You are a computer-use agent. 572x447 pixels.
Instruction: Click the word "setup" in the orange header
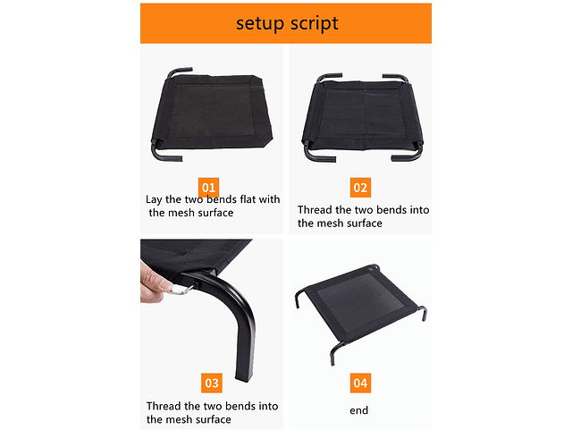[x=260, y=23]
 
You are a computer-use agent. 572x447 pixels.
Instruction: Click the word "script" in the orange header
[x=314, y=24]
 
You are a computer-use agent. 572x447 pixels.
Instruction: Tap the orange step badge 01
[x=208, y=187]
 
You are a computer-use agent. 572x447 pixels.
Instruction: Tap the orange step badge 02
[x=360, y=188]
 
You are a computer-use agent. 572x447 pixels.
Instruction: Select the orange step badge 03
[x=212, y=383]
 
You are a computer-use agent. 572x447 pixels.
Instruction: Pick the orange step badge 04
[x=360, y=383]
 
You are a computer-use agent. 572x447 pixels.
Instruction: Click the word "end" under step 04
[x=359, y=410]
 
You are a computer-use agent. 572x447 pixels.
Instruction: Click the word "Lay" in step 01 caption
[x=154, y=200]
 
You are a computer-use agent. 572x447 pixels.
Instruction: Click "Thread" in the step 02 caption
[x=315, y=210]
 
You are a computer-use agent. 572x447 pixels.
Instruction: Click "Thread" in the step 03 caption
[x=164, y=406]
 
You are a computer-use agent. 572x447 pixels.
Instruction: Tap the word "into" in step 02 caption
[x=419, y=210]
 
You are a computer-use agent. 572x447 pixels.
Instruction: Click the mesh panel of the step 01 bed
[x=212, y=111]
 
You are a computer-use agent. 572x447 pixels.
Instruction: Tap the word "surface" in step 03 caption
[x=213, y=419]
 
